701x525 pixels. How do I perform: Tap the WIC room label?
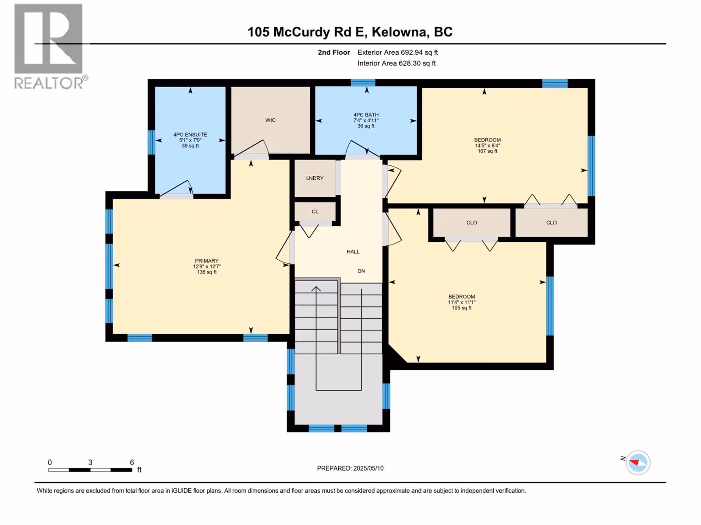[x=270, y=120]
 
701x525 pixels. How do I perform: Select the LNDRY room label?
[x=315, y=178]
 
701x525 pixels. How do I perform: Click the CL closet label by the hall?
[x=315, y=212]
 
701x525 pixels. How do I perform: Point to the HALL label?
[x=353, y=252]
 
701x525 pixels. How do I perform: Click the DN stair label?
[x=361, y=271]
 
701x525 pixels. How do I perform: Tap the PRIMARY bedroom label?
[x=207, y=261]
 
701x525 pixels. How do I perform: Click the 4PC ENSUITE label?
[x=190, y=135]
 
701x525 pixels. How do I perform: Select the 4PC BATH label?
[x=366, y=115]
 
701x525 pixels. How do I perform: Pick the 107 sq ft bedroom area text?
[x=487, y=151]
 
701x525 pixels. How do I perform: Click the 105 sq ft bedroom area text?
[x=461, y=308]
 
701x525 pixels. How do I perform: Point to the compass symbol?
[x=638, y=462]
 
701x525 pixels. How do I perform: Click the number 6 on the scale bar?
[x=131, y=462]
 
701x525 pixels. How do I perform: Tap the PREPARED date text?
[x=350, y=468]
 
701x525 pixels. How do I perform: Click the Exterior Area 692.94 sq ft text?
[x=398, y=52]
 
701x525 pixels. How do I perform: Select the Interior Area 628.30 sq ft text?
[x=397, y=63]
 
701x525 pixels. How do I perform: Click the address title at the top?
[x=350, y=32]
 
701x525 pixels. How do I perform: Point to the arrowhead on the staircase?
[x=316, y=289]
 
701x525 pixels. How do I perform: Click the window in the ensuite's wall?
[x=152, y=142]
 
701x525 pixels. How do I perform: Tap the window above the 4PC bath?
[x=363, y=83]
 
